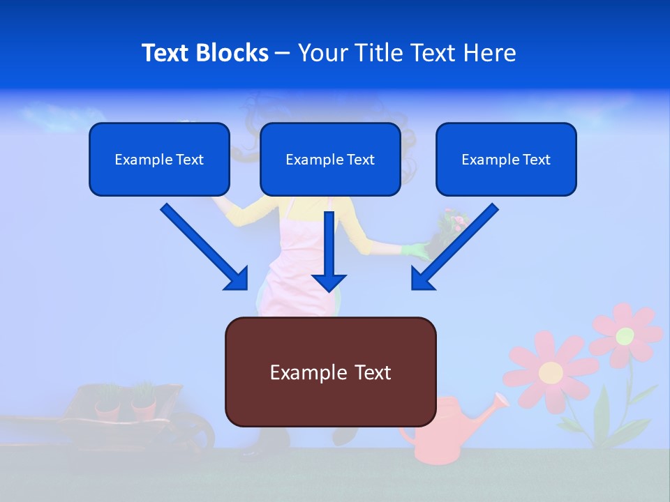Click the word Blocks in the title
pyautogui.click(x=234, y=53)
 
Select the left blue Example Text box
pyautogui.click(x=159, y=159)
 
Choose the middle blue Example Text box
pyautogui.click(x=330, y=159)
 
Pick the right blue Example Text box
pyautogui.click(x=506, y=159)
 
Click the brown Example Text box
pyautogui.click(x=330, y=372)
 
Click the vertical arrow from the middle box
pyautogui.click(x=329, y=251)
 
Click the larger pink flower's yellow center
pyautogui.click(x=551, y=372)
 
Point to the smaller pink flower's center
pyautogui.click(x=625, y=335)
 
